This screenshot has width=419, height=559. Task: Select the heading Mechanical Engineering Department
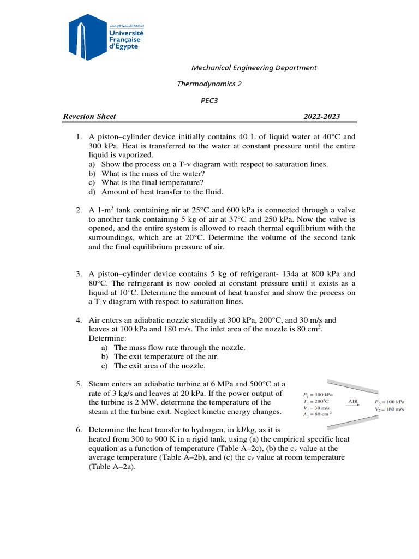254,68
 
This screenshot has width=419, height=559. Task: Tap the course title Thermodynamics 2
209,84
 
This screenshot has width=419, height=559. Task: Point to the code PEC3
209,100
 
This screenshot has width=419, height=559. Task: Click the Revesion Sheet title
89,116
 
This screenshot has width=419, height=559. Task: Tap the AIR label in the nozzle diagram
353,401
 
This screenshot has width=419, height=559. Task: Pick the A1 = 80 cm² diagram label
318,414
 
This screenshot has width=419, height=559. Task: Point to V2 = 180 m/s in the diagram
389,409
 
